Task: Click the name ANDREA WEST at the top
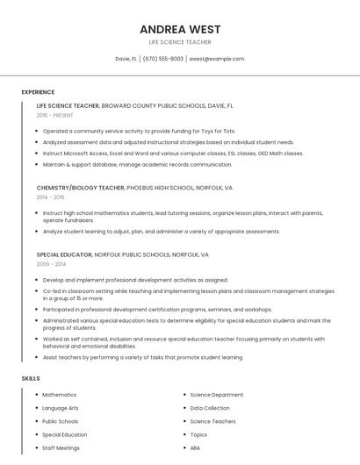(x=179, y=28)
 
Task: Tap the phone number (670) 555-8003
(x=163, y=59)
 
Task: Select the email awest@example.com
(x=217, y=59)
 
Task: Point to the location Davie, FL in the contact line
(x=126, y=59)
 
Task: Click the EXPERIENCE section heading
(x=38, y=92)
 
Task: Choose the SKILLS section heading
(x=31, y=378)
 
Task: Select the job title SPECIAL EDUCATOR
(x=64, y=254)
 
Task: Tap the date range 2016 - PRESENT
(x=54, y=115)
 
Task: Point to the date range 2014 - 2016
(x=50, y=197)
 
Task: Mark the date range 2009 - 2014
(x=51, y=264)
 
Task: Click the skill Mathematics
(x=59, y=395)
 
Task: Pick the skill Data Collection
(x=210, y=408)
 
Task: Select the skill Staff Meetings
(x=61, y=447)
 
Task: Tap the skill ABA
(x=195, y=447)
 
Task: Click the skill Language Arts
(x=61, y=408)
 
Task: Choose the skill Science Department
(x=216, y=395)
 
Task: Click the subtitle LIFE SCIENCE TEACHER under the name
(x=179, y=41)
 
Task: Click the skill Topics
(x=198, y=434)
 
